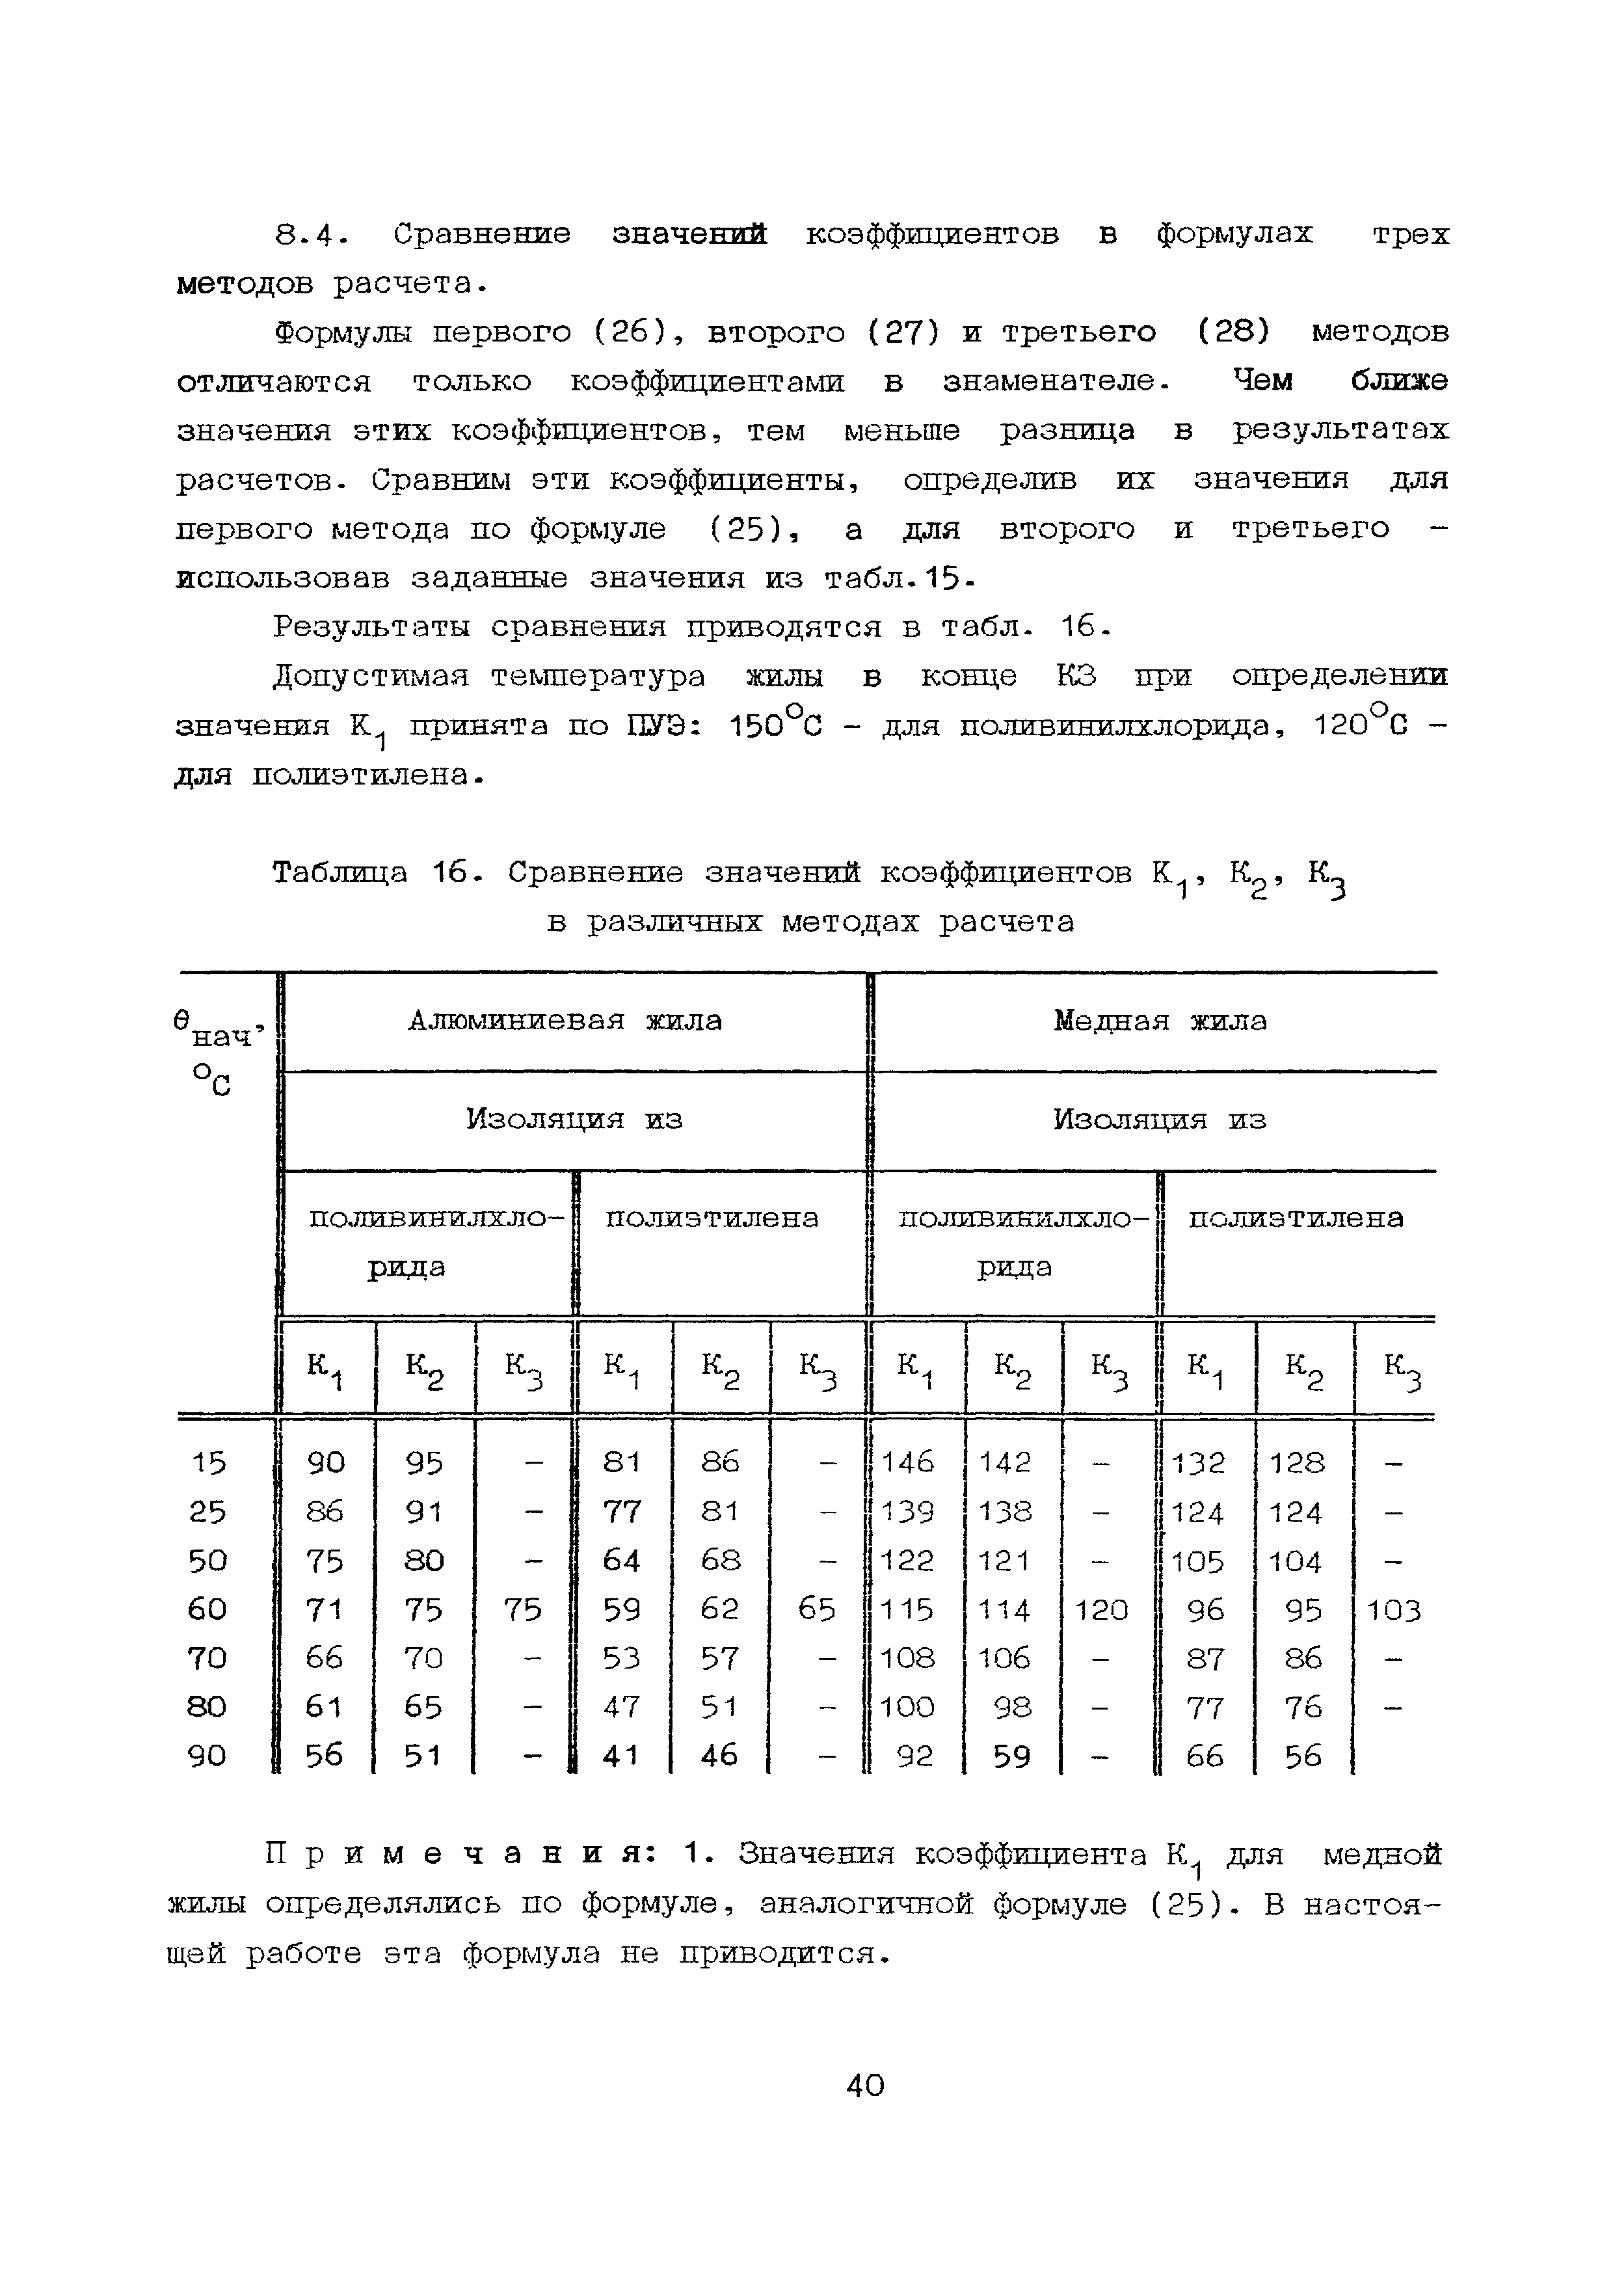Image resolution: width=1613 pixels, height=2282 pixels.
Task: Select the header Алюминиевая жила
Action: coord(565,1020)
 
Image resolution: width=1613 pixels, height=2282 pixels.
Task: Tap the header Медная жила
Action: coord(1160,1020)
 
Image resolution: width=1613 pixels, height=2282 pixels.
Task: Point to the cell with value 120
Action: coord(1101,1609)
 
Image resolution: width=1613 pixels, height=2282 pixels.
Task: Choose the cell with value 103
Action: coord(1393,1609)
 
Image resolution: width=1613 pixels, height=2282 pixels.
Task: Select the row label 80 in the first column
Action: coord(207,1706)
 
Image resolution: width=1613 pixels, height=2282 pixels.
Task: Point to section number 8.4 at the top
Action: coord(310,235)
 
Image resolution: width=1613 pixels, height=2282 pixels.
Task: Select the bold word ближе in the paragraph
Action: coord(1398,381)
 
